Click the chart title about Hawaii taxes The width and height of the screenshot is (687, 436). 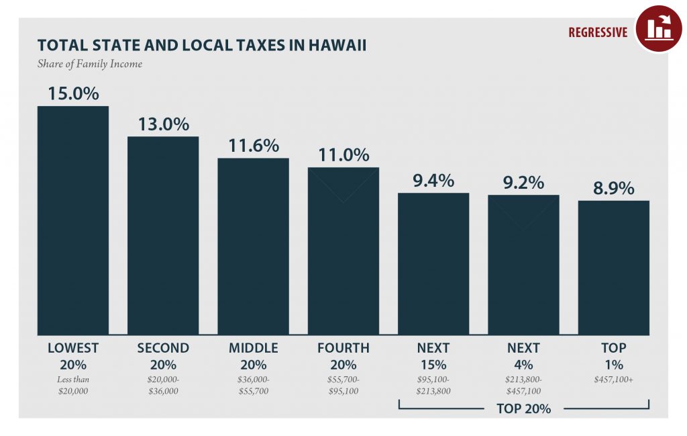201,46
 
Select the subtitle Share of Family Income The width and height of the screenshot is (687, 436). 90,64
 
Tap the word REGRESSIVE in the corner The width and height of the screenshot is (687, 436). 598,32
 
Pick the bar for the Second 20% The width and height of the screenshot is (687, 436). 163,235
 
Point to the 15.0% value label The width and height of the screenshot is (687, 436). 72,93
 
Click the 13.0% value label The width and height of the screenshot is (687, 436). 163,124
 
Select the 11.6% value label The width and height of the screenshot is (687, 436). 253,146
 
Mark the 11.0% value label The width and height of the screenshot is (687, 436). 343,155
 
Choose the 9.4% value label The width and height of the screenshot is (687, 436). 433,181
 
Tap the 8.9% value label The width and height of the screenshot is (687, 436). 613,189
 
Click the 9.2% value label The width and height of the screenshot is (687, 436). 523,183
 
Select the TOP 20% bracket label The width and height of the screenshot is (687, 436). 523,408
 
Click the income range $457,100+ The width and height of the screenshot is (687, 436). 613,380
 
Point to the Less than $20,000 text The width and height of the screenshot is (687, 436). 72,386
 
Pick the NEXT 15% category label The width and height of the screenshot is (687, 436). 433,356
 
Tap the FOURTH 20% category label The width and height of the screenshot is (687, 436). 343,356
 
